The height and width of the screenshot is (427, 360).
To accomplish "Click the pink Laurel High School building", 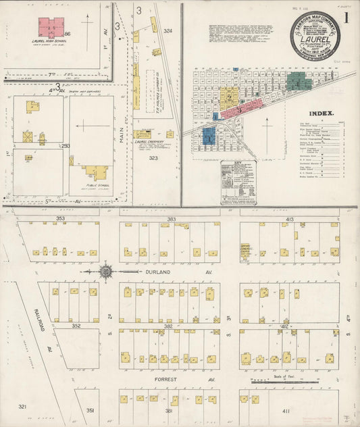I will pos(51,28).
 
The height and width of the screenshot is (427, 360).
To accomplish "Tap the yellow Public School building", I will pos(97,172).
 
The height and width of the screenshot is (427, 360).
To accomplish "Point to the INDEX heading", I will pos(320,114).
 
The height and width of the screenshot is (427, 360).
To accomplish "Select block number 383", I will pos(172,220).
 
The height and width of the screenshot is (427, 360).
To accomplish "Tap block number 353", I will pos(59,220).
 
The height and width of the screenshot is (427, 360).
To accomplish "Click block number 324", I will pos(168,31).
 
